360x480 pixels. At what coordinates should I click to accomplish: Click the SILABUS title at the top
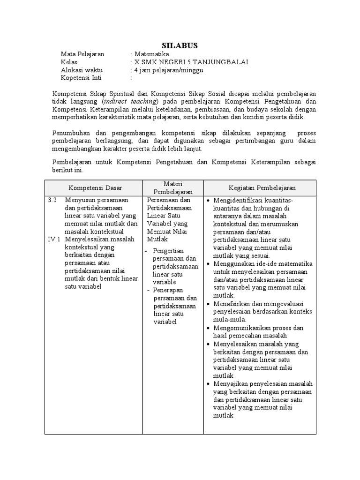[180, 45]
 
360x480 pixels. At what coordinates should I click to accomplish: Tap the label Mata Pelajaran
[82, 54]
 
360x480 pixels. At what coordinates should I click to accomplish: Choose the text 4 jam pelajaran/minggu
[169, 70]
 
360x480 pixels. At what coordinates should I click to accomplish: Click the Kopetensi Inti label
[81, 78]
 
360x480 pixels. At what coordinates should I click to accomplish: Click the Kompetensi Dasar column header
[95, 187]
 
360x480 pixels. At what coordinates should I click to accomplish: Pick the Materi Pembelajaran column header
[172, 187]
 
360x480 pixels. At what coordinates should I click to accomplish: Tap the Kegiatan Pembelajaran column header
[262, 187]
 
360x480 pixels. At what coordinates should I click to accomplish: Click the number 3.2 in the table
[52, 200]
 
